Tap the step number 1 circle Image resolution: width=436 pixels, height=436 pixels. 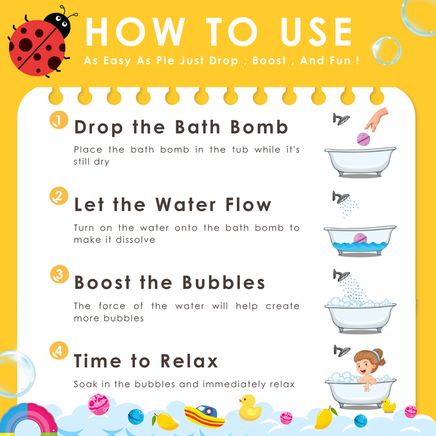[59, 120]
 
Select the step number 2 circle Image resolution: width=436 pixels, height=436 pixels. [59, 196]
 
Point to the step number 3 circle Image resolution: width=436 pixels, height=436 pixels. [59, 274]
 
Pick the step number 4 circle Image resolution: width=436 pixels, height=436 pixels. [59, 351]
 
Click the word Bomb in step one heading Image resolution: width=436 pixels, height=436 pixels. [259, 127]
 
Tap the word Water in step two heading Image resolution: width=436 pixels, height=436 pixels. [185, 205]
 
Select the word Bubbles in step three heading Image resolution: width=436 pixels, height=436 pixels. [223, 283]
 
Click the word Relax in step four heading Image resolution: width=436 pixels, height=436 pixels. [189, 361]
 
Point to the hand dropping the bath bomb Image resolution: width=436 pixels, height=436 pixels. [377, 119]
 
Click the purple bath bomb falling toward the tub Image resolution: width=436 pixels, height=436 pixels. [363, 139]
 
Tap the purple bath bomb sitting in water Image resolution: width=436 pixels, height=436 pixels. [360, 239]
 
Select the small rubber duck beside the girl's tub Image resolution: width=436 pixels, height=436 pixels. [388, 405]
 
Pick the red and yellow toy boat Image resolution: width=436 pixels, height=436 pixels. [205, 416]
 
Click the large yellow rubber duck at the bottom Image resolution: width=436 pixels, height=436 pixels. [249, 408]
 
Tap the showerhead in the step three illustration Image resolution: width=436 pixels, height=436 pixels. [342, 275]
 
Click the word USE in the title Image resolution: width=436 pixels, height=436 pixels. [316, 31]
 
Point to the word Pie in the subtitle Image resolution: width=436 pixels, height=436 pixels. [166, 61]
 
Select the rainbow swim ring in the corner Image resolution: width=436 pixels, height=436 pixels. [28, 420]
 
